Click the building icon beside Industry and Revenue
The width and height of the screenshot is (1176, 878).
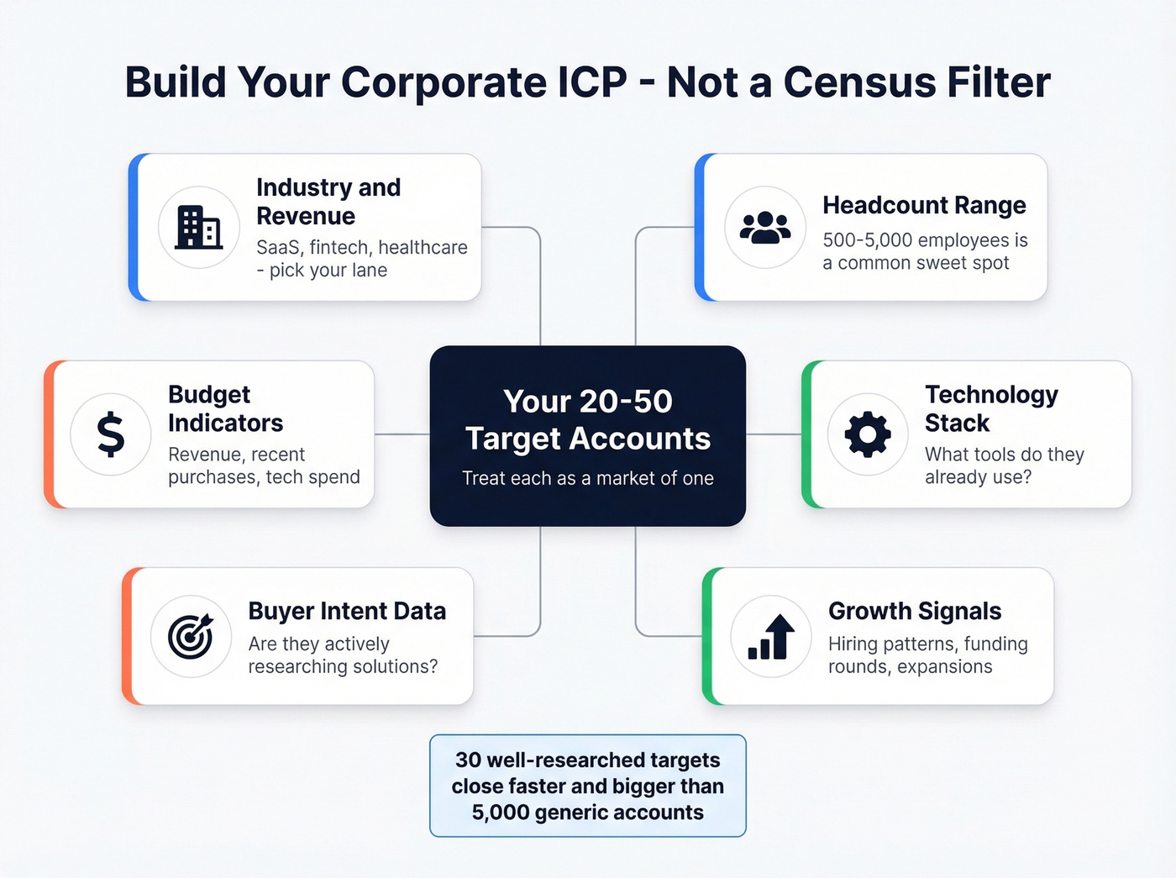(199, 227)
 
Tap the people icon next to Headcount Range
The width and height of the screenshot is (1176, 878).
(764, 227)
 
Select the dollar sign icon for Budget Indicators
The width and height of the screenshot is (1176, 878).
(111, 434)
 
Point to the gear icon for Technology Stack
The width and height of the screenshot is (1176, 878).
(868, 434)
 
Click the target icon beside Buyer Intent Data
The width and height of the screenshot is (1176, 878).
(191, 636)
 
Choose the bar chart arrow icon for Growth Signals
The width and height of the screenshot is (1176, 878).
(771, 636)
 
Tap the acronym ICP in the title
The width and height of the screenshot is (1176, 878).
(592, 82)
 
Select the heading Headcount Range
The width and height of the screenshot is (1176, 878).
(924, 205)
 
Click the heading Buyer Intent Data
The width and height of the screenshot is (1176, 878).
(347, 611)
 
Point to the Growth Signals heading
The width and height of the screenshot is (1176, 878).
(915, 611)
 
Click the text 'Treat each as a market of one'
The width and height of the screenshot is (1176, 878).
(588, 478)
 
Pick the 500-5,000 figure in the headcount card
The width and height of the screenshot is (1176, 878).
(867, 240)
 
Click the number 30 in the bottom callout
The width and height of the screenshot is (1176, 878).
(468, 760)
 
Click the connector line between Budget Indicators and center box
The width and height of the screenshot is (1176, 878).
(402, 434)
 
